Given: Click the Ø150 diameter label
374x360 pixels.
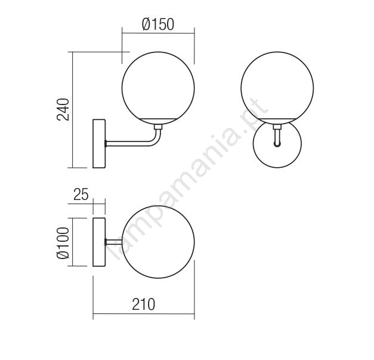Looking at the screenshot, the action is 158,24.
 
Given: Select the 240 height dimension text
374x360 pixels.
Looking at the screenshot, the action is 63,109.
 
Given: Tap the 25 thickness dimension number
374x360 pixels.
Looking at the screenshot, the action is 81,194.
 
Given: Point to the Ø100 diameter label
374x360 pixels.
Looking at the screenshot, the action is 63,242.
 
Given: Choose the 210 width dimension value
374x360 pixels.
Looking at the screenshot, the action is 144,304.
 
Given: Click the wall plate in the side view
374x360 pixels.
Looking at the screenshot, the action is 99,143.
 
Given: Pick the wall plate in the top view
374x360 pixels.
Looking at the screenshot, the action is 99,242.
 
